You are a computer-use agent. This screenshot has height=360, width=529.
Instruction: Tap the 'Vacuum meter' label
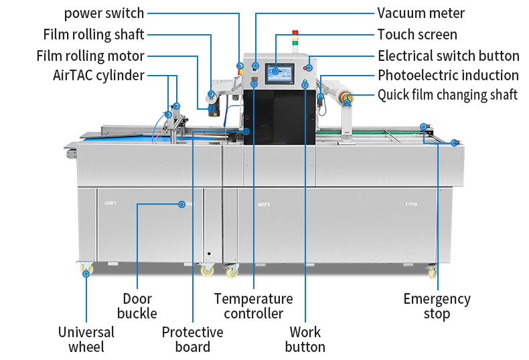pos(421,13)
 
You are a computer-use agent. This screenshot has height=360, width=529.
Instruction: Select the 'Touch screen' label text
pos(417,34)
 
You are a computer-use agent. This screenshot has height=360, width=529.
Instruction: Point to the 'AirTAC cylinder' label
pos(98,75)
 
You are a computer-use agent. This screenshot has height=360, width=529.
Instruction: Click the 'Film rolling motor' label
pos(90,56)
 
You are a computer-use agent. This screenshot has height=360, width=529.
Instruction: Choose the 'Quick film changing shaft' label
pos(447,95)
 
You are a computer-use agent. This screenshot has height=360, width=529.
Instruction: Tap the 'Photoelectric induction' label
pos(448,75)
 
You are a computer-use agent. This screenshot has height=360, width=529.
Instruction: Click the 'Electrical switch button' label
pos(448,56)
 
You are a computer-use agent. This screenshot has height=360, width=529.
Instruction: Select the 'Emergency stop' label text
pos(437,306)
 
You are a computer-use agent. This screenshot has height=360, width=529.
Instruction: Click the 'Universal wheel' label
pos(86,339)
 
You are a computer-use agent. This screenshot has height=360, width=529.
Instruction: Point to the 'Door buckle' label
pos(137,306)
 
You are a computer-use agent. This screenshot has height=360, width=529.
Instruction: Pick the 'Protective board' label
pos(193,339)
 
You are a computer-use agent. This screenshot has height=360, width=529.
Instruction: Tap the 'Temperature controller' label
pos(253,306)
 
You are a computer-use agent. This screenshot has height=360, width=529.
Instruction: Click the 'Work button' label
pos(305,339)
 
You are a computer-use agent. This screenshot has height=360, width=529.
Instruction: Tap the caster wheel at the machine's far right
pos(432,272)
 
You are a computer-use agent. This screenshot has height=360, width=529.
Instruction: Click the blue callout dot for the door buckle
pos(181,204)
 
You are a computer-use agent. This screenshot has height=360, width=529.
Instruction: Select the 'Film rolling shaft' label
pos(94,35)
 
